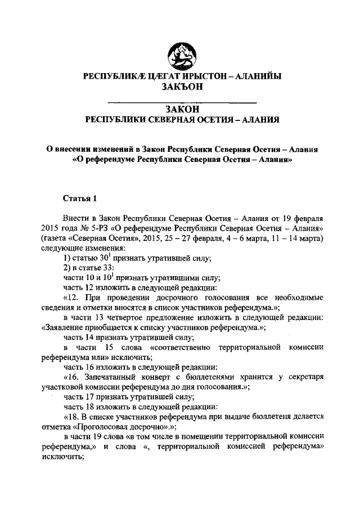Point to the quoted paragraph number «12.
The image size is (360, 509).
73,296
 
